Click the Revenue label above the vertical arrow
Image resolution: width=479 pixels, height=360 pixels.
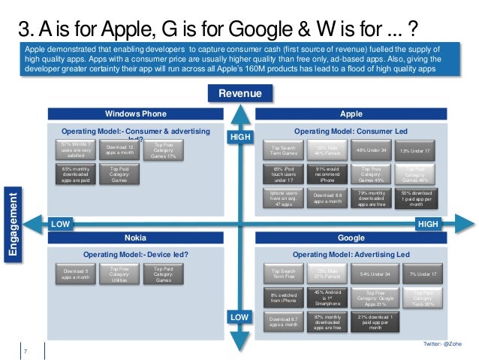(x=239, y=94)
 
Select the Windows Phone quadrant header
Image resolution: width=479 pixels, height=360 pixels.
(x=136, y=113)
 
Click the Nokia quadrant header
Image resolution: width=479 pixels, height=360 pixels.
(x=136, y=237)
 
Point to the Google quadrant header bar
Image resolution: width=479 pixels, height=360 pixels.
(x=351, y=237)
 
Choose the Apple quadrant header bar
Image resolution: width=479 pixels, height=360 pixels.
(x=351, y=113)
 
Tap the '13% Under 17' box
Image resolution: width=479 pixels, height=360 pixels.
(x=415, y=151)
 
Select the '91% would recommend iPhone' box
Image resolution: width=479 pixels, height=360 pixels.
(x=330, y=174)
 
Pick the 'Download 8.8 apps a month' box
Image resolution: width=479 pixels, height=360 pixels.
(x=330, y=198)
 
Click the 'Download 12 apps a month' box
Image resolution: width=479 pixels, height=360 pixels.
(x=121, y=150)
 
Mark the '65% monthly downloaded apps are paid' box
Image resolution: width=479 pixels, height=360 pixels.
(x=78, y=174)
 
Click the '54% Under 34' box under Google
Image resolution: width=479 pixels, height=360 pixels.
(x=373, y=274)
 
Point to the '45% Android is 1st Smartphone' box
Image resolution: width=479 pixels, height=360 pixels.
(x=330, y=298)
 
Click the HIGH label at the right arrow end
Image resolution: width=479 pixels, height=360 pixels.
(x=427, y=224)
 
